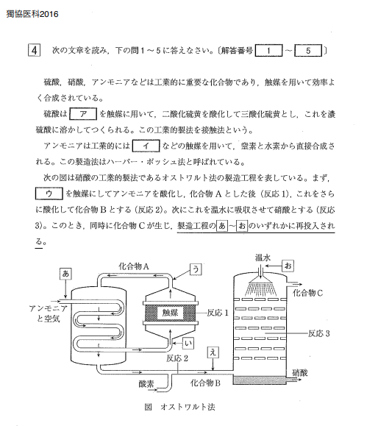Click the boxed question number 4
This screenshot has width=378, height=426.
pyautogui.click(x=35, y=51)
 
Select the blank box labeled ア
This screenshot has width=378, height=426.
pyautogui.click(x=83, y=114)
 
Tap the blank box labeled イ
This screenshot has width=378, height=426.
pyautogui.click(x=146, y=146)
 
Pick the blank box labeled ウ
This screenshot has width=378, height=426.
pyautogui.click(x=49, y=194)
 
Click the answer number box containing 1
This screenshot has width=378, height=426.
pyautogui.click(x=268, y=51)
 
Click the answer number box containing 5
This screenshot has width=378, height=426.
pyautogui.click(x=308, y=51)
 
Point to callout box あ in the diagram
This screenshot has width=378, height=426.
pyautogui.click(x=65, y=274)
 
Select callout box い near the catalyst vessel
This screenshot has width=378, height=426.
pyautogui.click(x=188, y=344)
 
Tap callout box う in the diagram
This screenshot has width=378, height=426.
pyautogui.click(x=196, y=269)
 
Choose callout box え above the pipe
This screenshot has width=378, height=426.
pyautogui.click(x=213, y=352)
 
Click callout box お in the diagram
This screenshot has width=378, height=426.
pyautogui.click(x=288, y=266)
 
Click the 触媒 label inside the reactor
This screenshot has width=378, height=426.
pyautogui.click(x=171, y=313)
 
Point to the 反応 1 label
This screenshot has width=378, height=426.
pyautogui.click(x=218, y=313)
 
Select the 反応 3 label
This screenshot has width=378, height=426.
pyautogui.click(x=319, y=333)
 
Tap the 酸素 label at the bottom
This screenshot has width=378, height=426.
pyautogui.click(x=146, y=384)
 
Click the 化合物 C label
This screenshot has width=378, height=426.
pyautogui.click(x=307, y=293)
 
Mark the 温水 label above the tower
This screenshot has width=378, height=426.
pyautogui.click(x=263, y=258)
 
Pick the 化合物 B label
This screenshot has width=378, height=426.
pyautogui.click(x=205, y=383)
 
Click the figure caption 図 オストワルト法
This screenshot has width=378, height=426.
pyautogui.click(x=179, y=407)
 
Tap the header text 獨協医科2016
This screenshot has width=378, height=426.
pyautogui.click(x=32, y=14)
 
